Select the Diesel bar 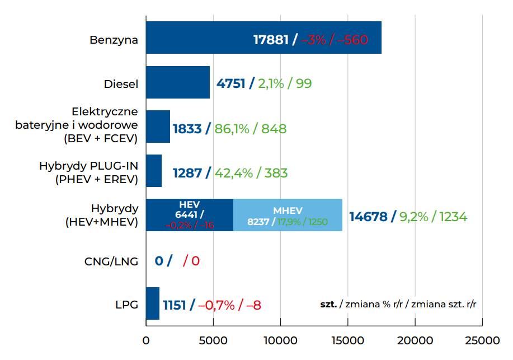click(177, 82)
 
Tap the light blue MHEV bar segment click(288, 215)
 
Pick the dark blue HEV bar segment click(189, 215)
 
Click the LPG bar click(152, 303)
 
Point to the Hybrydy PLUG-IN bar click(153, 171)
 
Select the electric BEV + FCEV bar click(158, 127)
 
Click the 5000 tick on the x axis click(213, 341)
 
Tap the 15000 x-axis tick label click(347, 341)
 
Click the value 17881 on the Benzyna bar click(271, 40)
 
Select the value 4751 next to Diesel click(230, 84)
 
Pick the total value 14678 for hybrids click(368, 217)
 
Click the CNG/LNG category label click(111, 261)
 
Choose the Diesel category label click(121, 84)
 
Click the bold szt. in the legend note click(328, 304)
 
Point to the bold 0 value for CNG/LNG click(159, 261)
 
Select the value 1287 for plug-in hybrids click(187, 173)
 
